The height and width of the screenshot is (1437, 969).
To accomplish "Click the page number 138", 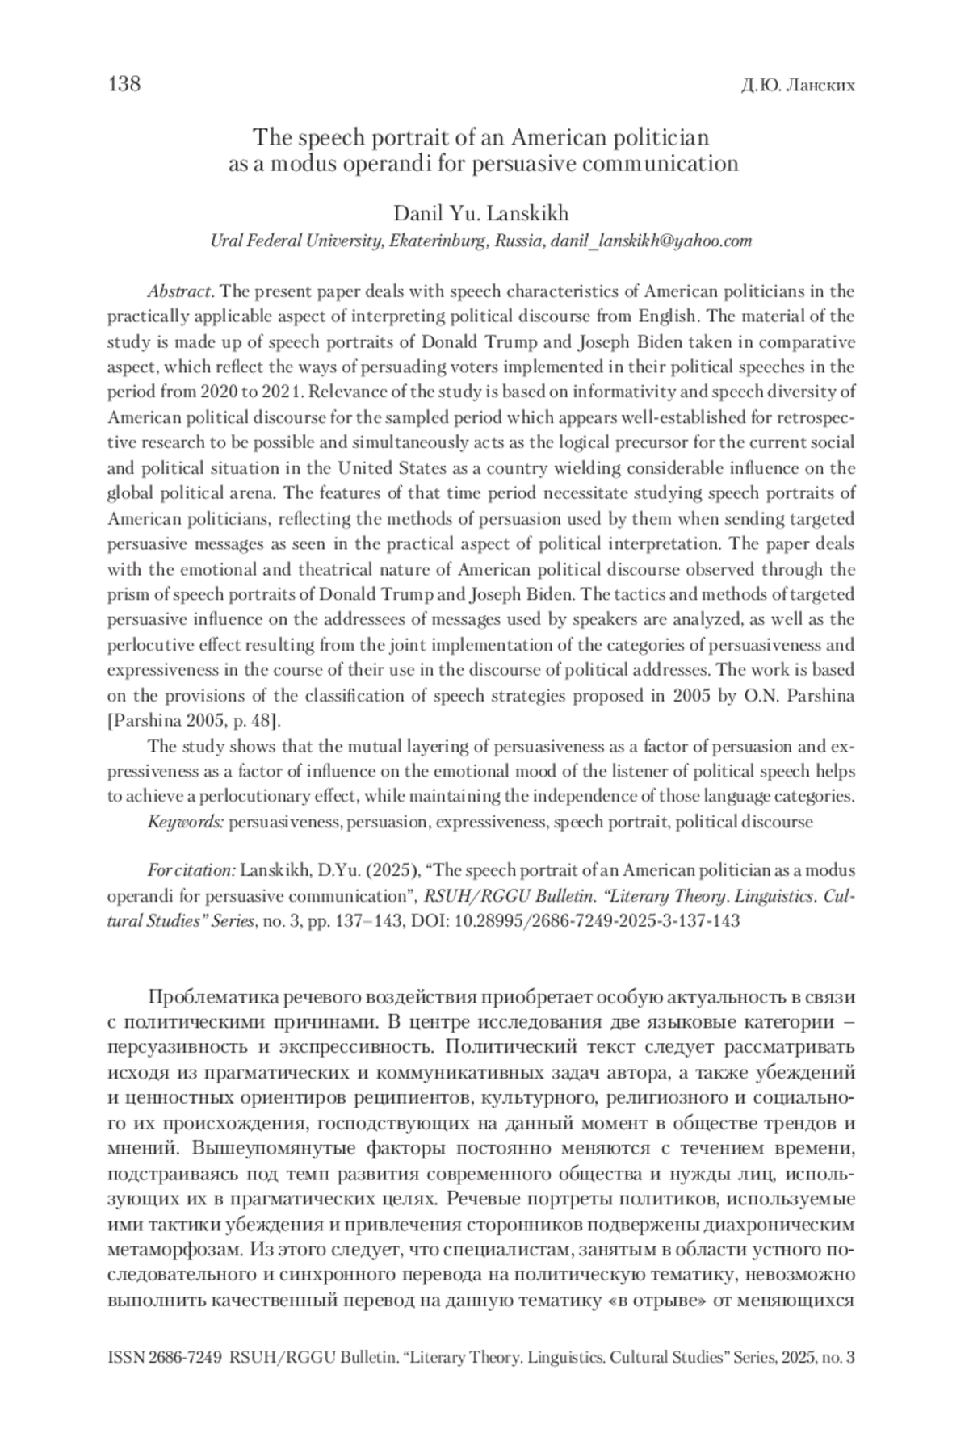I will click(x=124, y=84).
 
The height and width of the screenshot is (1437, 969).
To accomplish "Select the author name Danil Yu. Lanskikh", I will click(x=480, y=213).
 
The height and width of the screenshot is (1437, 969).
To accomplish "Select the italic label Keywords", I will click(x=186, y=822).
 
